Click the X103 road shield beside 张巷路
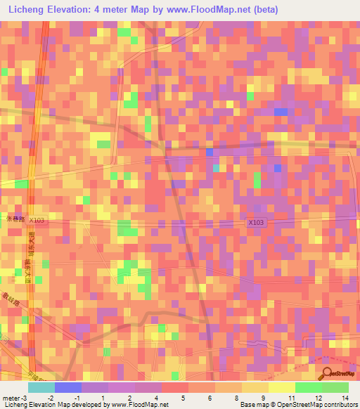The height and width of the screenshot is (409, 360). pos(37,220)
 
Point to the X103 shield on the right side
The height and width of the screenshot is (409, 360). pos(256,222)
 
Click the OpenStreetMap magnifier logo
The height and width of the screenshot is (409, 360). pos(328,374)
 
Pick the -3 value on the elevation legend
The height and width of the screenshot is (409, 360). pos(26,397)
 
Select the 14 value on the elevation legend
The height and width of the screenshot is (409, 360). pos(345,397)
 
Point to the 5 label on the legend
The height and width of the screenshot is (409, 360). pos(182,397)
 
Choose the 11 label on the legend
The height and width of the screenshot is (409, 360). pos(291,397)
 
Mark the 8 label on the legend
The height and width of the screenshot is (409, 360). pos(236,397)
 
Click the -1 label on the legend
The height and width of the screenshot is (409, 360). pos(76,397)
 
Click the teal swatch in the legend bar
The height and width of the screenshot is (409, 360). pos(41,387)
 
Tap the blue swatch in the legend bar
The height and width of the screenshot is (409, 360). pos(68,387)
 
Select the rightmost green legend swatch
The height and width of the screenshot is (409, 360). pos(335,387)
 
